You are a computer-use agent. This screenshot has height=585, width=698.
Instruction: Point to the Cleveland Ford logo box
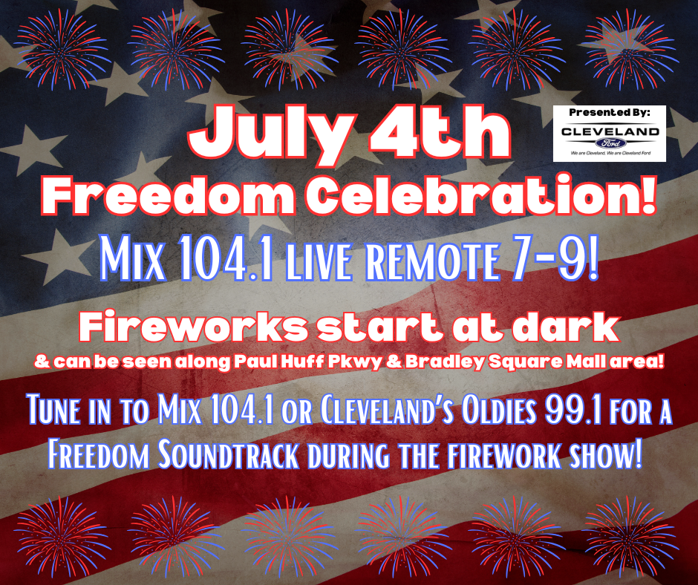pyautogui.click(x=610, y=133)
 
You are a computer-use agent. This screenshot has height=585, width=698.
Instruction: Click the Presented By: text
pyautogui.click(x=610, y=112)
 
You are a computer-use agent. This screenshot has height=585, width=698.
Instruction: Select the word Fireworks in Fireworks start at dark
pyautogui.click(x=191, y=327)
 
